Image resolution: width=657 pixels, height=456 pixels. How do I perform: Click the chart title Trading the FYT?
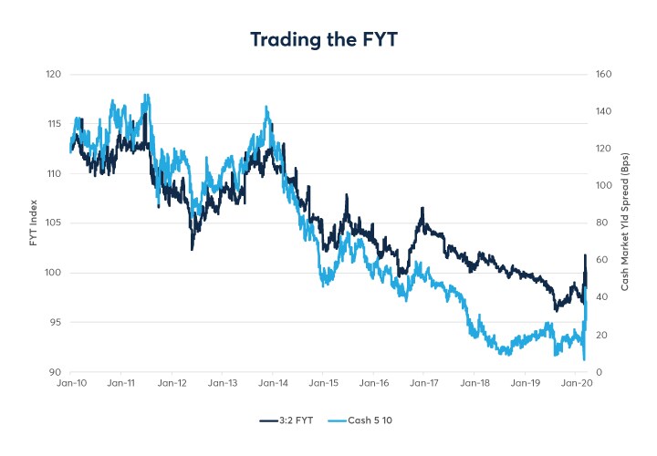[x=328, y=40]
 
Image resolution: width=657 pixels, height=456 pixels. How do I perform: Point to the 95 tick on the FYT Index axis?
[x=54, y=322]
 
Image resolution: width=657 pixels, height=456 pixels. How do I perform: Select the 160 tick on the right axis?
[x=602, y=74]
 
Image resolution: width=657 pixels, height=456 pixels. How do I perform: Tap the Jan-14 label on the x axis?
[x=273, y=384]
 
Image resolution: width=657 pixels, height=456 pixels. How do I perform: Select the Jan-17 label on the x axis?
[x=424, y=384]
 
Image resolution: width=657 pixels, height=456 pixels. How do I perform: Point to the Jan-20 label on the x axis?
[x=576, y=384]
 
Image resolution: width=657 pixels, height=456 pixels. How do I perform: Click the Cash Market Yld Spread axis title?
[x=626, y=223]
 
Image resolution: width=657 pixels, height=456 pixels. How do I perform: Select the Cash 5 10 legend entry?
[x=372, y=420]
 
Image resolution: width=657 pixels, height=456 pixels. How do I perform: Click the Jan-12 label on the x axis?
[x=172, y=384]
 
